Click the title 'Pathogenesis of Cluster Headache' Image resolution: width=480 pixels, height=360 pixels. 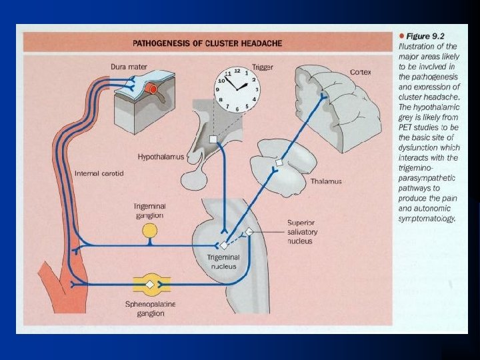pos(207,43)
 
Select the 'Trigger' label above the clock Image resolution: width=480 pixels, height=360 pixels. pos(262,67)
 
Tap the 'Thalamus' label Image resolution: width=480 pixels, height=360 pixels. pos(326,181)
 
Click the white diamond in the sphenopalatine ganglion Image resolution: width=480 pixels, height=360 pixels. pos(150,284)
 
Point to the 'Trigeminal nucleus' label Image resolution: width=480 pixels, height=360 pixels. pos(223,261)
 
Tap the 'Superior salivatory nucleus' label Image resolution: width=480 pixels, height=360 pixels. pos(302,231)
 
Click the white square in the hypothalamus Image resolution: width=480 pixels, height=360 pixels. pos(212,139)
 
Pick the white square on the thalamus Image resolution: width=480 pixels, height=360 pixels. pos(279,162)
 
